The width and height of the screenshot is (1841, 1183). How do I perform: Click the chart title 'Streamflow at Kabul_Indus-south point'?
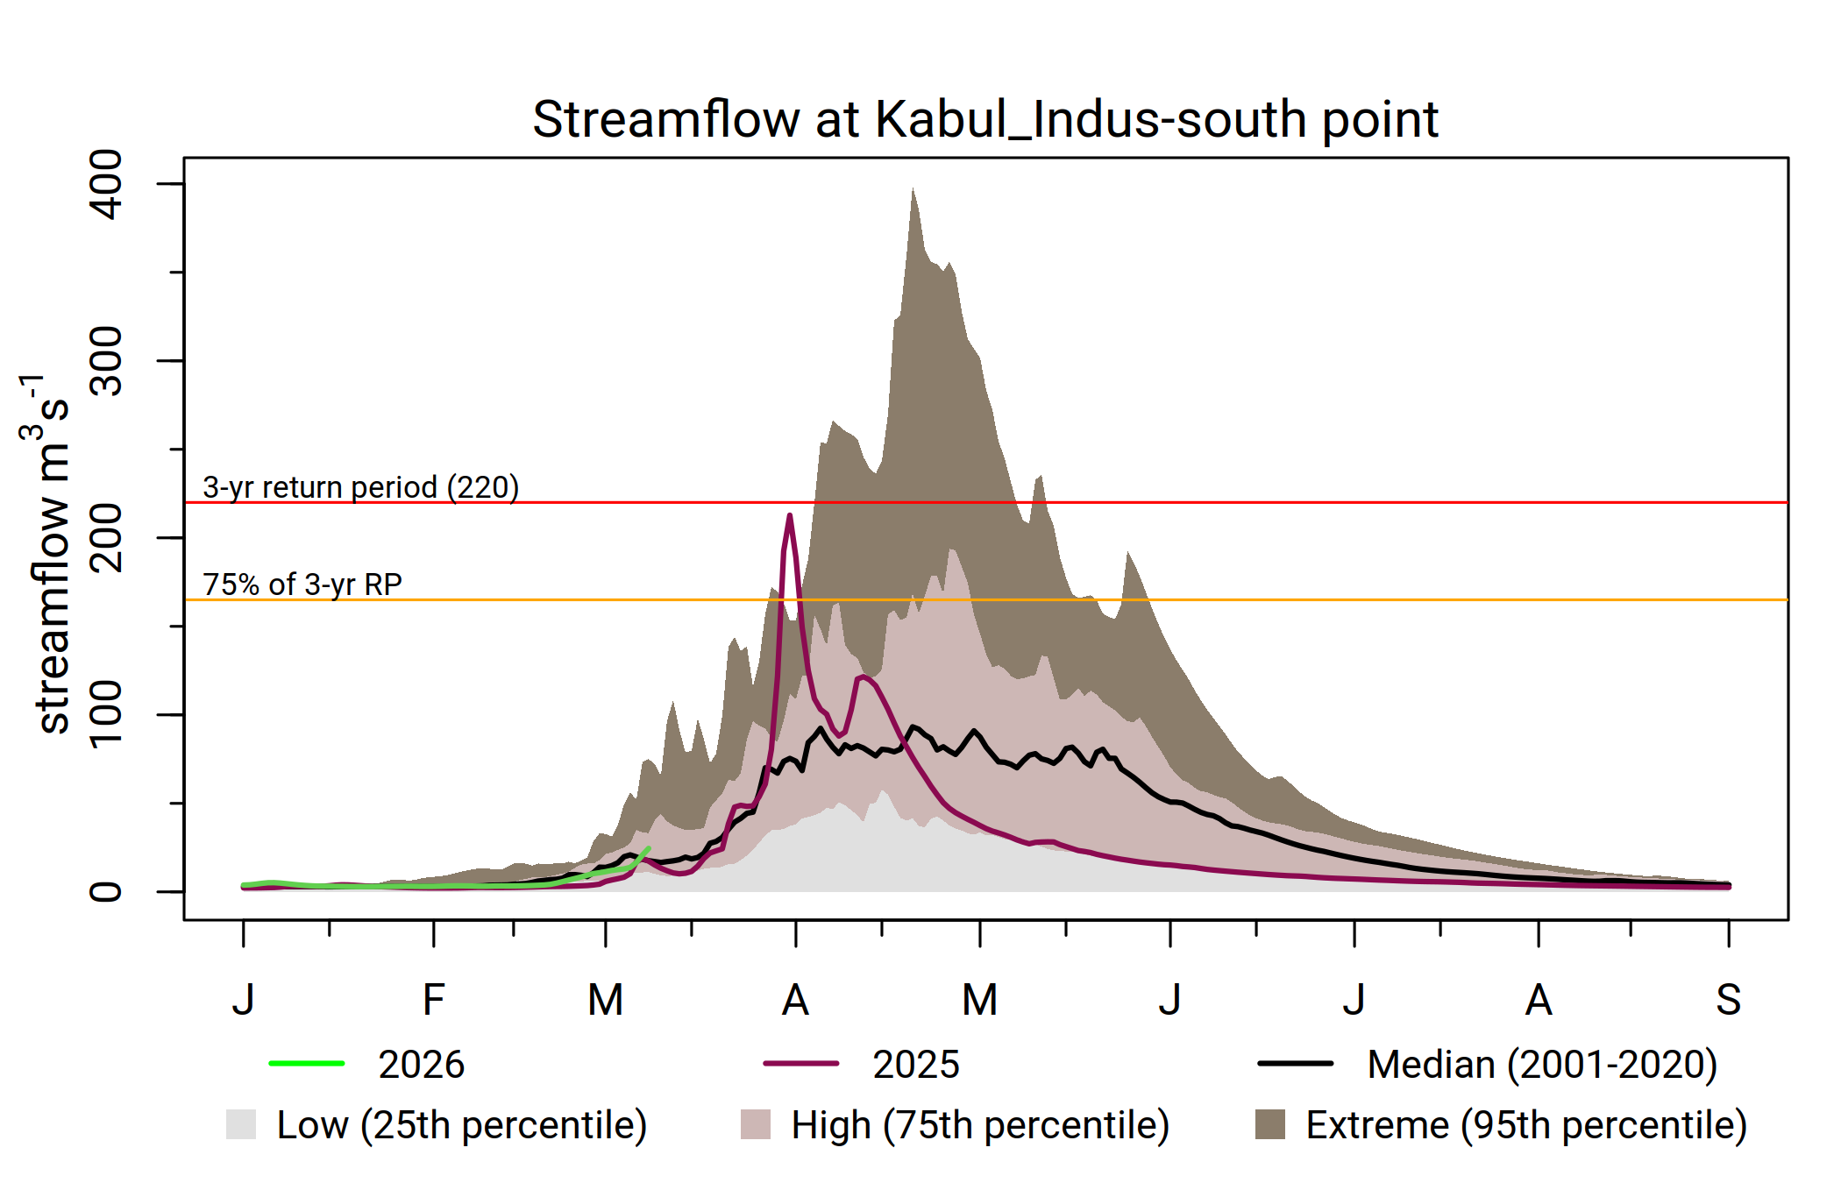[984, 119]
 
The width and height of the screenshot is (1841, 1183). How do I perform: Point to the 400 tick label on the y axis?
[106, 184]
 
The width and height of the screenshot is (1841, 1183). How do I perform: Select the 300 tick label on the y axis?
[106, 361]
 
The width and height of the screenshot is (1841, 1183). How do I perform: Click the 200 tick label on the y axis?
[106, 538]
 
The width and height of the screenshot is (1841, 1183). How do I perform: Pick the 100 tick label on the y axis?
[106, 714]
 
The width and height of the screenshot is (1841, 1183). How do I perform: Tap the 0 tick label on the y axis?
[106, 891]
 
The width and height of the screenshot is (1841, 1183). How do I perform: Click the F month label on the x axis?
[433, 1000]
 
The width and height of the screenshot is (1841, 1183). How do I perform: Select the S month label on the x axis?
[1728, 1000]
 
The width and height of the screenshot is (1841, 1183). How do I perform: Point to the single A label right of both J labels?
[1539, 1000]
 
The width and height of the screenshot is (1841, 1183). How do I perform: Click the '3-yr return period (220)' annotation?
[360, 487]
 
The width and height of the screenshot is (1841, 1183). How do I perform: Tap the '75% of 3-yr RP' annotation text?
[302, 584]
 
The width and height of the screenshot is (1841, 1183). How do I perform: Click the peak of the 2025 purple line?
[790, 515]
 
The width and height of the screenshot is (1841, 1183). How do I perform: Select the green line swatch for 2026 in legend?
[307, 1064]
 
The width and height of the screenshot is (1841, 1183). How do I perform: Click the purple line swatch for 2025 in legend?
[800, 1064]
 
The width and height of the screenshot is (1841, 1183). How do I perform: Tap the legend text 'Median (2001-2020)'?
[1541, 1065]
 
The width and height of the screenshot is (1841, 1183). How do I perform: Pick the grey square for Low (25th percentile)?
[241, 1124]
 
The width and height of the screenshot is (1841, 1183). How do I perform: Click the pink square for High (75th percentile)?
[756, 1124]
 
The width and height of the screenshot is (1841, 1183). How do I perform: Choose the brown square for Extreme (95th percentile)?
[1270, 1124]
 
